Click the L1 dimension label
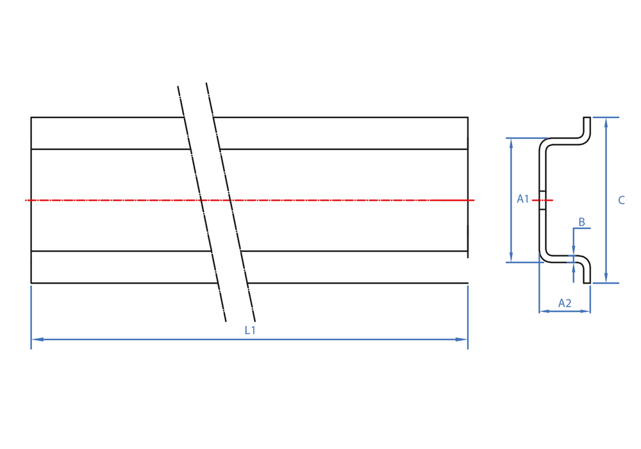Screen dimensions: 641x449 click(250, 330)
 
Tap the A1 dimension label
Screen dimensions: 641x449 click(523, 199)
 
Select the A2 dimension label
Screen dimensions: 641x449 click(565, 303)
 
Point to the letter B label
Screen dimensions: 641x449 click(582, 222)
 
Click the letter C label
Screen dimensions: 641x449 click(621, 200)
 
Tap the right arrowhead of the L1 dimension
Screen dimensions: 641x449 click(462, 339)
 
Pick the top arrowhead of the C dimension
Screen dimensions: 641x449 click(606, 123)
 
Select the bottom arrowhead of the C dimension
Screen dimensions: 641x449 click(606, 277)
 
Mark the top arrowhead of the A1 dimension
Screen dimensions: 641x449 click(511, 144)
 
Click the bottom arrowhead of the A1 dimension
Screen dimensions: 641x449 click(511, 257)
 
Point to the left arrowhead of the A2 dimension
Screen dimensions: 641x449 click(544, 311)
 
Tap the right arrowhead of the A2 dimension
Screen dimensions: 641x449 click(585, 311)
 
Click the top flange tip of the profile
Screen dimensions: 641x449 click(587, 118)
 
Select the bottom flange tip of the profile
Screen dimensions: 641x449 click(587, 282)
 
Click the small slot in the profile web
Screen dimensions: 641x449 click(542, 200)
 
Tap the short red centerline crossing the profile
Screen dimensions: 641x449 click(542, 200)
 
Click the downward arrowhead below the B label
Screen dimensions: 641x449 click(574, 250)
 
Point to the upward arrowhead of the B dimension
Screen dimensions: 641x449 click(574, 268)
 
